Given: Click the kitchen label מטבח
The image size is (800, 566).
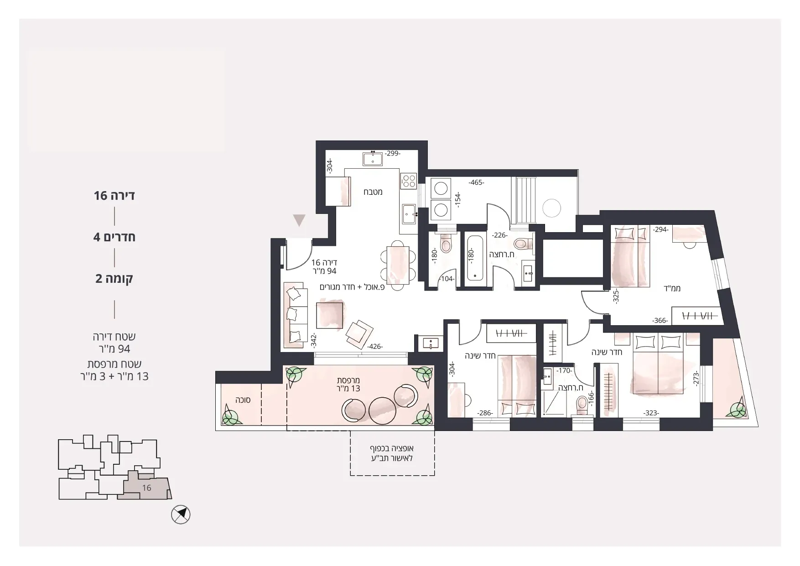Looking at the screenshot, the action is (373, 192).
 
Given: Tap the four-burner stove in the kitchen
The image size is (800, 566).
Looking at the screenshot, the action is (409, 181).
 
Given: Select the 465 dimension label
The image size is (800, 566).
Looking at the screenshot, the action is (477, 182).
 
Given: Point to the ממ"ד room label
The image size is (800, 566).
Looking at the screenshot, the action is (672, 288).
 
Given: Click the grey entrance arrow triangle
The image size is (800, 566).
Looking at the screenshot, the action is (299, 221).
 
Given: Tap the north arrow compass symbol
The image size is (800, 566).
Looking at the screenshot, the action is (181, 515).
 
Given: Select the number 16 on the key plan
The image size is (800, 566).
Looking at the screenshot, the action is (146, 488).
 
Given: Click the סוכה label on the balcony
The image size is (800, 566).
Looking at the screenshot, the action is (242, 400).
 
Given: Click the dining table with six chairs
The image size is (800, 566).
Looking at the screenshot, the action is (398, 265).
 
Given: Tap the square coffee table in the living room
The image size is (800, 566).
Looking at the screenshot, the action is (330, 315).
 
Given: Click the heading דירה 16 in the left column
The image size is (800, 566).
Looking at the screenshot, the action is (114, 196).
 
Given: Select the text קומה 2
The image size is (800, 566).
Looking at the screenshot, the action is (114, 279).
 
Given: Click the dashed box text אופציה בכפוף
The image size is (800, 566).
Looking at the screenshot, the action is (392, 449).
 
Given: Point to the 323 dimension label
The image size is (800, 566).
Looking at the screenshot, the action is (651, 413).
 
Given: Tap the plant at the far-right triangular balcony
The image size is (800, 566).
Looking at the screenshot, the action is (738, 410).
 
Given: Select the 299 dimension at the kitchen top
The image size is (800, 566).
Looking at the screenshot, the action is (392, 154).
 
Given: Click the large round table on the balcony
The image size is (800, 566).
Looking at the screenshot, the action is (382, 411).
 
